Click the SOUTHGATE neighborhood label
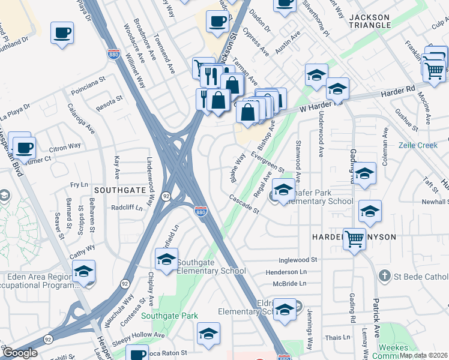click(121, 190)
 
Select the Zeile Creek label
click(419, 145)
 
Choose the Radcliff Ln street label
click(127, 208)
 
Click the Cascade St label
click(243, 204)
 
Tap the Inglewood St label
click(297, 260)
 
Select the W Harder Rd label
click(316, 106)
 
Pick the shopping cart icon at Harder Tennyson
click(355, 238)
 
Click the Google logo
click(20, 353)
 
